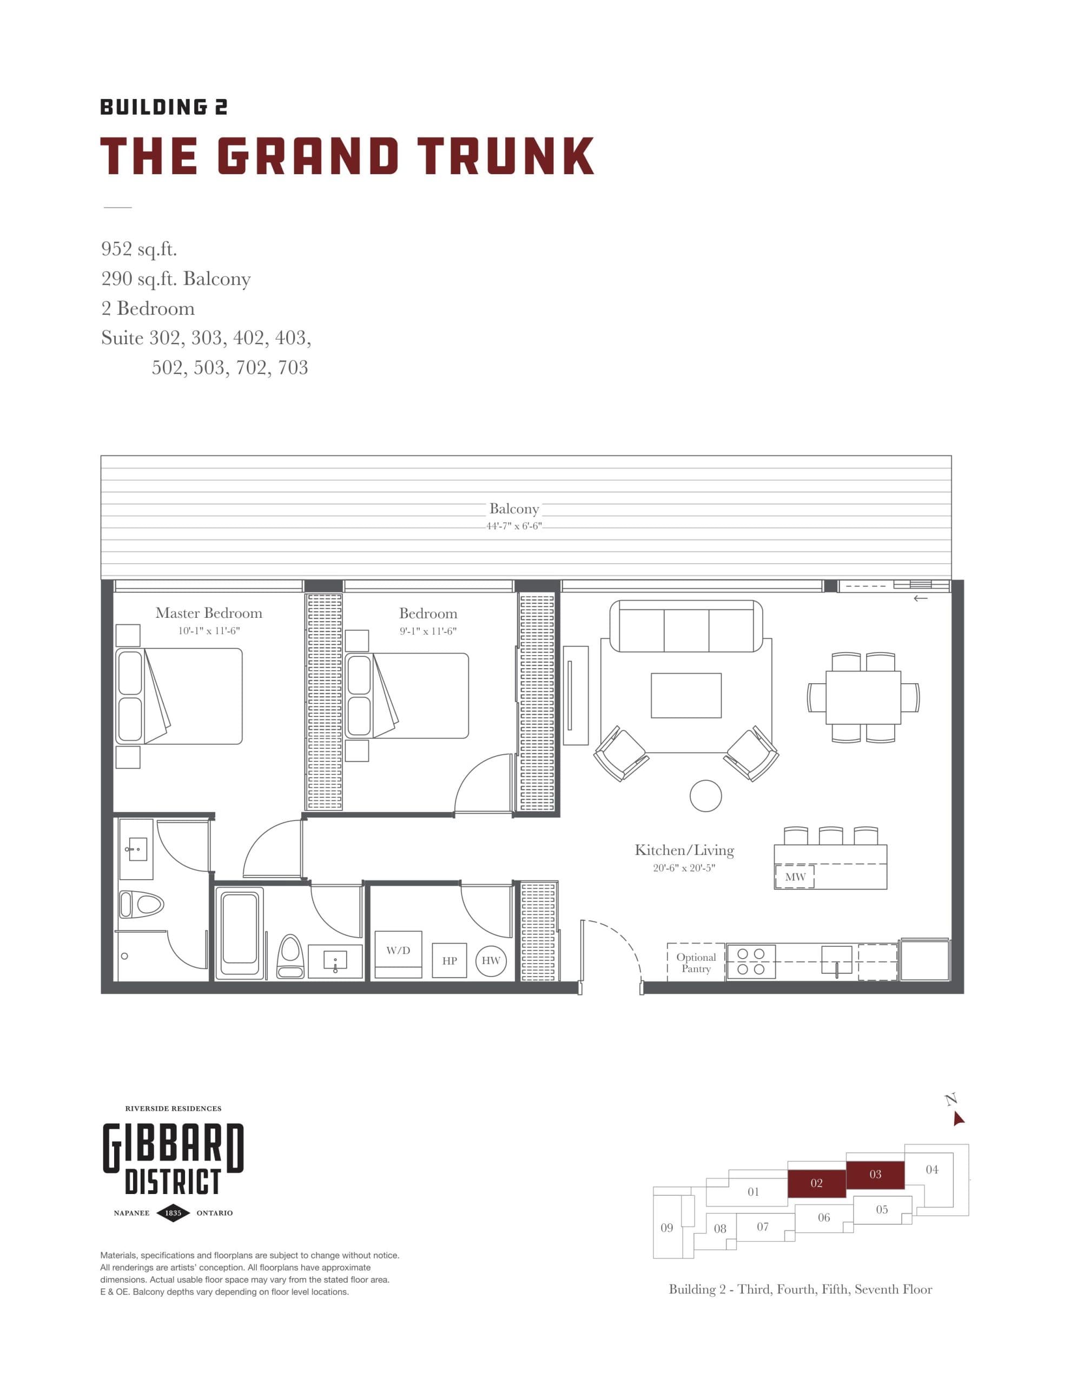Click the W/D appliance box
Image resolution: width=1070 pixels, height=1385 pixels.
398,954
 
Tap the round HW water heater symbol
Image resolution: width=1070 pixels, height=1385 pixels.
490,960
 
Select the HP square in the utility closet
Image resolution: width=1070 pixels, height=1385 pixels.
449,960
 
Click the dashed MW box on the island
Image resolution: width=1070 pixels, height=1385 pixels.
794,876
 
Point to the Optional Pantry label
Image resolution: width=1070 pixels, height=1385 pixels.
695,962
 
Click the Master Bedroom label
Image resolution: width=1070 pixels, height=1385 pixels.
209,612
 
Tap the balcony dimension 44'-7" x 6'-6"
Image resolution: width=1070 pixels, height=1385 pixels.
513,526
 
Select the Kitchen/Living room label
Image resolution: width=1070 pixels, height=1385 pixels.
684,850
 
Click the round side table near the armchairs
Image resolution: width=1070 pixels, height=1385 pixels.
705,795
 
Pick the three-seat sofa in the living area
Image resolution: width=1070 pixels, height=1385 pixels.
685,626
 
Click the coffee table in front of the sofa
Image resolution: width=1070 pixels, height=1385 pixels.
685,695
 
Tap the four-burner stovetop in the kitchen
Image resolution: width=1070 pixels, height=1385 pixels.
750,961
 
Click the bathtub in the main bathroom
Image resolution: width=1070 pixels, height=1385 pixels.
239,933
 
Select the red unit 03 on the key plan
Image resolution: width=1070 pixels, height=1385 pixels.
875,1175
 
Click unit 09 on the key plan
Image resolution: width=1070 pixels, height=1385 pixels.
666,1228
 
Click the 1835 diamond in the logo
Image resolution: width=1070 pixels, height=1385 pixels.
173,1212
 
